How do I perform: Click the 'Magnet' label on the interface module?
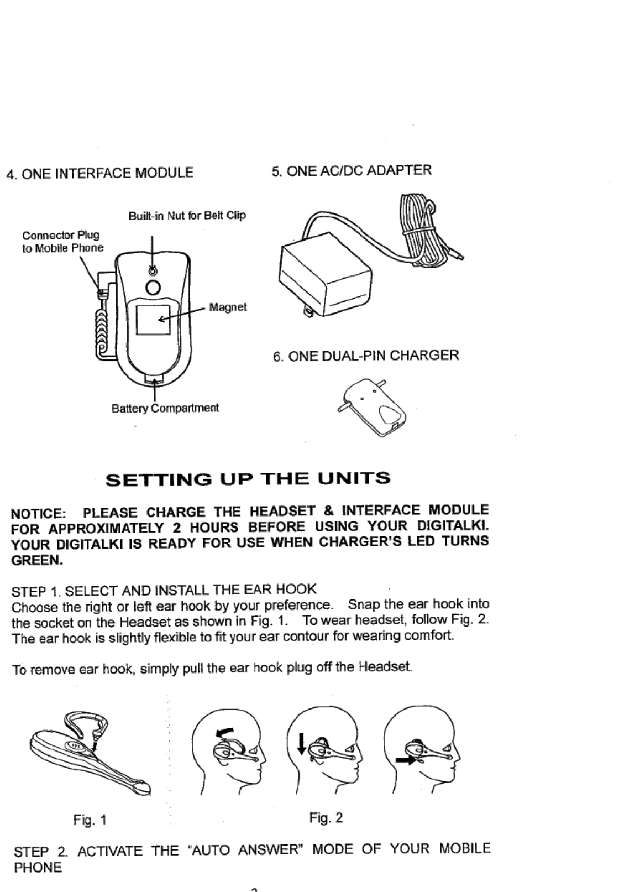pos(228,307)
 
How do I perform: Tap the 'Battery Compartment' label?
pos(165,408)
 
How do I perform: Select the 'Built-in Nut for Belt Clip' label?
pos(187,215)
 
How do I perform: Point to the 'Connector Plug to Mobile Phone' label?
pos(62,242)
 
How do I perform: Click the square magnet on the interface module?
pos(153,320)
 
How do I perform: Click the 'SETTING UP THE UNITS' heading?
pos(248,478)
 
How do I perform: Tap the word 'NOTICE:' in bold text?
pos(38,512)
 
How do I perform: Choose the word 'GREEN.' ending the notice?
pos(38,560)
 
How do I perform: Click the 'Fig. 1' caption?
pos(90,820)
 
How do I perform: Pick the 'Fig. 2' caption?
pos(326,817)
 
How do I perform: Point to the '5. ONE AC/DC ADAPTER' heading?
pos(352,170)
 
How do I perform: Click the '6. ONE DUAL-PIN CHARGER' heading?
pos(366,356)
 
